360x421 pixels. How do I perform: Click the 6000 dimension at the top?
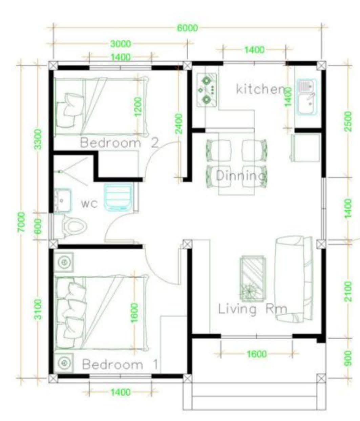click(188, 28)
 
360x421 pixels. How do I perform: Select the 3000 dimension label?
click(121, 44)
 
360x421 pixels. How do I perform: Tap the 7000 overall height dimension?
click(21, 222)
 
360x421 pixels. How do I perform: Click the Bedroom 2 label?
click(119, 143)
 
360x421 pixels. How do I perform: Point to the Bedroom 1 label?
click(120, 364)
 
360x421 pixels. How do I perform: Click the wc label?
click(89, 204)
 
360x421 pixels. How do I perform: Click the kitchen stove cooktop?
click(207, 90)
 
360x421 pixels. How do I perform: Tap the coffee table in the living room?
click(253, 279)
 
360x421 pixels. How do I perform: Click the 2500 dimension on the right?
click(348, 121)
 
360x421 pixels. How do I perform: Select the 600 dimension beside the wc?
click(38, 227)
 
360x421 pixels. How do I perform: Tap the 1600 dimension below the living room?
click(257, 354)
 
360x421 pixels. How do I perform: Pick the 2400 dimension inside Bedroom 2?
click(179, 124)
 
